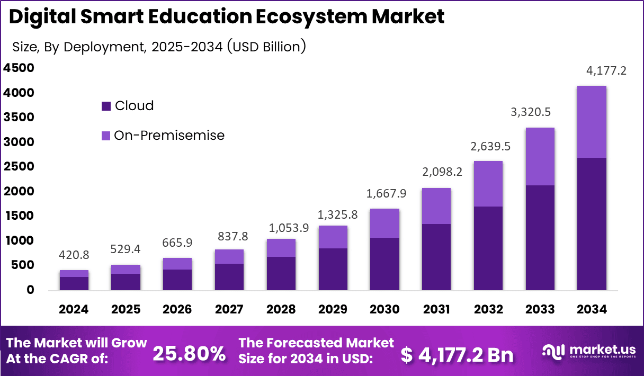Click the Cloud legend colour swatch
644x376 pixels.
(106, 106)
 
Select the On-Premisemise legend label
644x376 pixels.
(169, 136)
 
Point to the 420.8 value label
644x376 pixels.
(74, 255)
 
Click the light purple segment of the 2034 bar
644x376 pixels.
(592, 122)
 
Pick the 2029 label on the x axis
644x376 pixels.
(333, 309)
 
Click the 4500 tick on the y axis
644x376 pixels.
(19, 68)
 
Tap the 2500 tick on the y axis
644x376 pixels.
(19, 167)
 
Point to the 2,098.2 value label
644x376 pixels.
(437, 173)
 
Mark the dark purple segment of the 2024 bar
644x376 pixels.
(74, 283)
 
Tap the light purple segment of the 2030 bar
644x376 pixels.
(384, 223)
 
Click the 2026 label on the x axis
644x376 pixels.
(177, 309)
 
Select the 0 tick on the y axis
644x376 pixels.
(31, 290)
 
